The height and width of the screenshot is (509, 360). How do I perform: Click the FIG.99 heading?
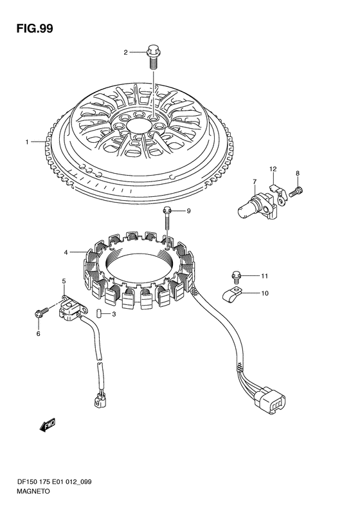coord(35,28)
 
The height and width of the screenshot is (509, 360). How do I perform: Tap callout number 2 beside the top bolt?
coord(125,52)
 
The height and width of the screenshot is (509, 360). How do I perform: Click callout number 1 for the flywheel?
coord(27,142)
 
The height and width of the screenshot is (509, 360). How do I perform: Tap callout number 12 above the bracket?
coord(273,169)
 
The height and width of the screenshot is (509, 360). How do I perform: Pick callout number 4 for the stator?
coord(66,252)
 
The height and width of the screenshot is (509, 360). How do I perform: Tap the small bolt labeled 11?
coord(236,277)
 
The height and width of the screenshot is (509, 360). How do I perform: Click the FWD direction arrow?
coord(48,425)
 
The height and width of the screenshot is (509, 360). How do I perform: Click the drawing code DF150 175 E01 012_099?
coord(54,482)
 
